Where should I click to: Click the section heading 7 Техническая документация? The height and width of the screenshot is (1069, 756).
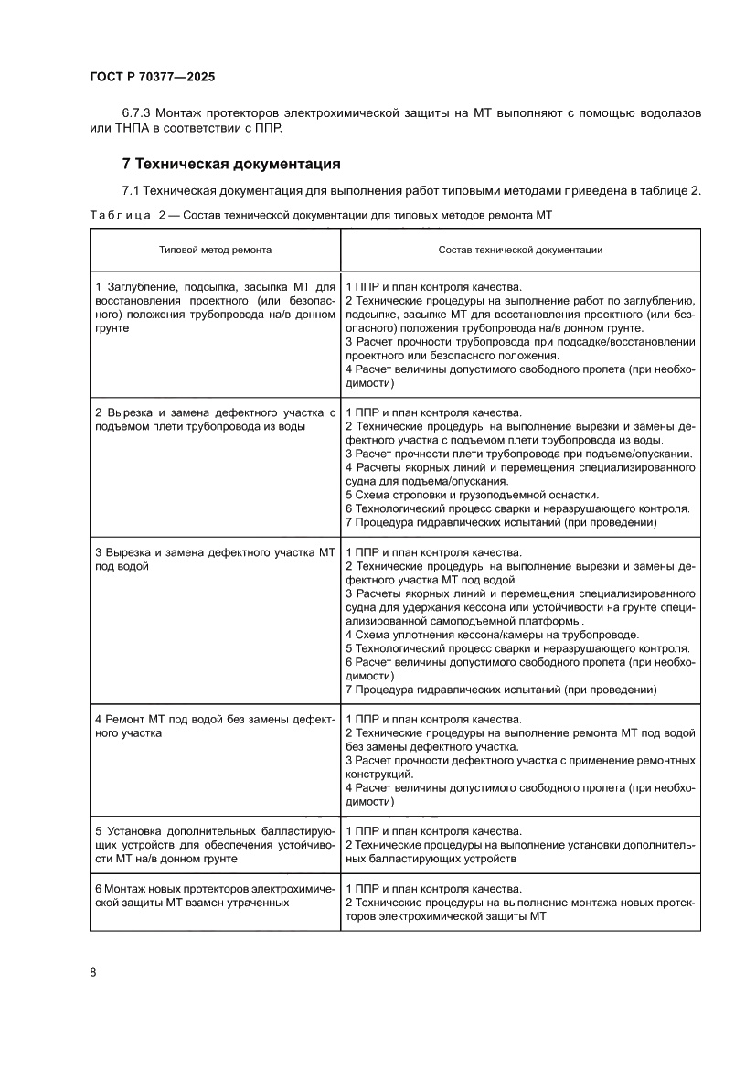click(x=231, y=165)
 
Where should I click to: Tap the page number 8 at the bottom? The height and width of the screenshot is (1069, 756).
click(x=93, y=971)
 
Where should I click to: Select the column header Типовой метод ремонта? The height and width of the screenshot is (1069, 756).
click(x=215, y=249)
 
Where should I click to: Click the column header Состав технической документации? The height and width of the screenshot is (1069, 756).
click(x=519, y=249)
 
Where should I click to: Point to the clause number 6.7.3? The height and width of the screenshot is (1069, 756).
click(x=137, y=113)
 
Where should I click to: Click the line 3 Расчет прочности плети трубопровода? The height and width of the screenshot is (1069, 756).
click(x=518, y=454)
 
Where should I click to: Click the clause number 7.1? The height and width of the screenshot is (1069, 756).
click(x=133, y=190)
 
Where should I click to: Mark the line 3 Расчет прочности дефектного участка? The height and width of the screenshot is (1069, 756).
click(x=519, y=760)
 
